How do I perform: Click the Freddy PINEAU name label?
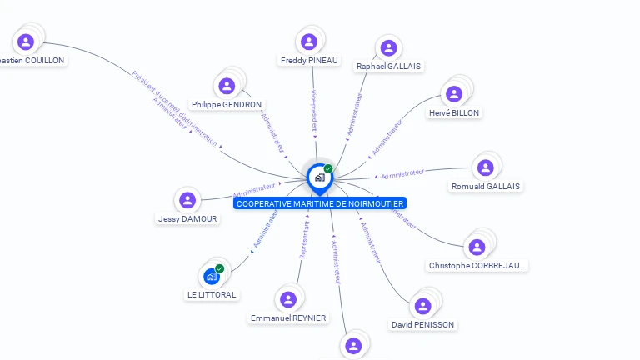tap(309, 60)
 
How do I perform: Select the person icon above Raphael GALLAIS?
tap(388, 47)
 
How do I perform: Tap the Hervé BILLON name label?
tap(454, 112)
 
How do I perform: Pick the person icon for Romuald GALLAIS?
tap(486, 167)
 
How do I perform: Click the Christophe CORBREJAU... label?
tap(477, 265)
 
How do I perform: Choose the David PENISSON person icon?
tap(423, 306)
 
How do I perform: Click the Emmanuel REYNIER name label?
tap(288, 317)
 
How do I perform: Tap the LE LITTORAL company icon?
tap(211, 276)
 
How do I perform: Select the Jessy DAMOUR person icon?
tap(187, 200)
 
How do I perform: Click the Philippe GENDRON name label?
tap(227, 104)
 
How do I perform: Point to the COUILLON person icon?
tap(26, 42)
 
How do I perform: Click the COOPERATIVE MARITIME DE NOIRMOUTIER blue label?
tap(320, 203)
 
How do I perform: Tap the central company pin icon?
tap(319, 177)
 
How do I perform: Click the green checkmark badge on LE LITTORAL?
tap(220, 268)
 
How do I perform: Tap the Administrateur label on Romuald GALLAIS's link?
tap(402, 173)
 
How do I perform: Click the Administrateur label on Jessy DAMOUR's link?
tap(254, 187)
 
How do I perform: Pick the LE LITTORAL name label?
tap(211, 294)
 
